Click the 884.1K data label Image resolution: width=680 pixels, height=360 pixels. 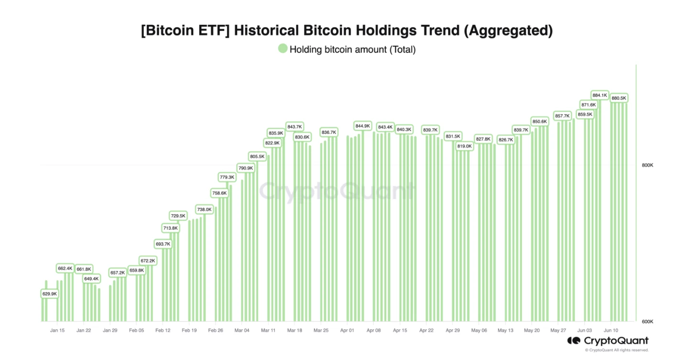(x=600, y=95)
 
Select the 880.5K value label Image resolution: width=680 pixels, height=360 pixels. (x=619, y=98)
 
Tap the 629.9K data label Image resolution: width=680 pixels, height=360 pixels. (x=50, y=294)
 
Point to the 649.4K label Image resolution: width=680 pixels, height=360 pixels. (x=91, y=279)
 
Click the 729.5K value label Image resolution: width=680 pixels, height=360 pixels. (x=178, y=216)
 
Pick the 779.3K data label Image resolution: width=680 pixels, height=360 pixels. (x=227, y=177)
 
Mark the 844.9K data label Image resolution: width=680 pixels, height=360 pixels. (x=362, y=126)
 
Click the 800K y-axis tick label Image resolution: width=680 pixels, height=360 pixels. (x=647, y=165)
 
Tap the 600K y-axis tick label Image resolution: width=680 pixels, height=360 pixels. (x=647, y=322)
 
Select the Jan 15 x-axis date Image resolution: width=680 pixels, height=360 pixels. (x=57, y=330)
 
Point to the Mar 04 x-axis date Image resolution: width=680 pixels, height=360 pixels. (x=242, y=330)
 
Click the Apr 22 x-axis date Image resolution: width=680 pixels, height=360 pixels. (x=427, y=330)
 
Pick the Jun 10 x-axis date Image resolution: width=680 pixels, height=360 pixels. (x=611, y=330)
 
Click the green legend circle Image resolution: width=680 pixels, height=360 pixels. (x=283, y=49)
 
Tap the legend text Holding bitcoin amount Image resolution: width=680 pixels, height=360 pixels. (x=352, y=49)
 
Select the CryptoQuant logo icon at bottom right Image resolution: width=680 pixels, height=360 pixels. (x=573, y=341)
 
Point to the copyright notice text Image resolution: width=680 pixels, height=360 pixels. (x=616, y=350)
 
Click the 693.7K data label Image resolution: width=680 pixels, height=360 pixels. (x=163, y=244)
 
